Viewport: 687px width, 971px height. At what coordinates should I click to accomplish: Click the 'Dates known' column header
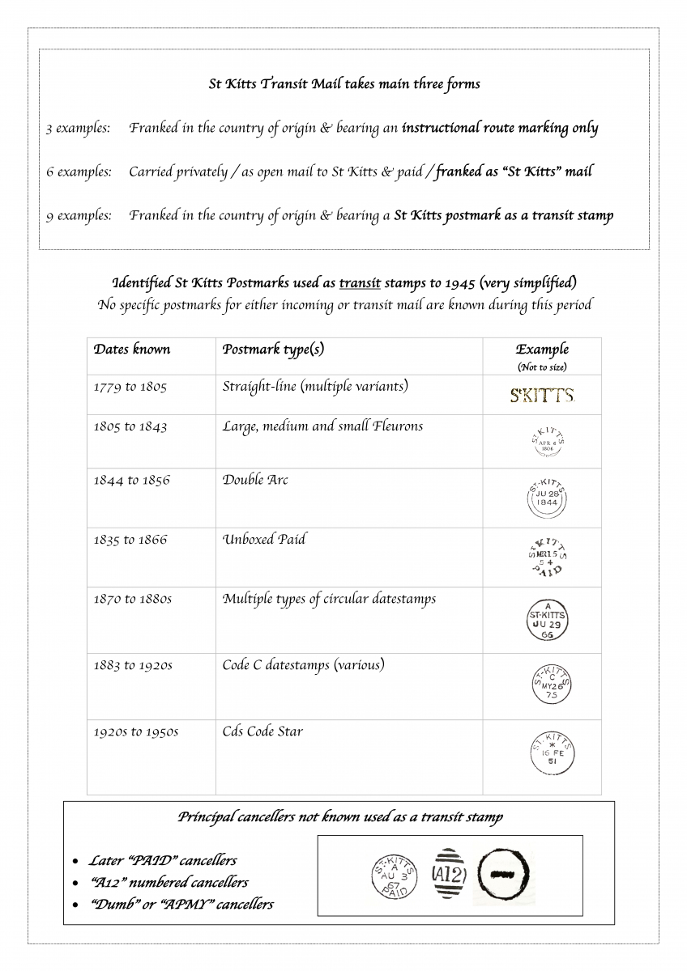[x=132, y=350]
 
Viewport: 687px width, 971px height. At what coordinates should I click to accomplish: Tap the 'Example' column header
[x=542, y=350]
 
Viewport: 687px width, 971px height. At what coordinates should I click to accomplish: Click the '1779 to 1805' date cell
[x=130, y=387]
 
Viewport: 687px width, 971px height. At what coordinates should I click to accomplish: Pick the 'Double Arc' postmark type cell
[x=255, y=480]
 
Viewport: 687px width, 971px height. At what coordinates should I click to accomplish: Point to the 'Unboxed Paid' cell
[x=264, y=540]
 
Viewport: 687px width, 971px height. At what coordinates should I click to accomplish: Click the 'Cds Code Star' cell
[x=262, y=731]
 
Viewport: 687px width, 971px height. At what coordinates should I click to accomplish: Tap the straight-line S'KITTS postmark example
[x=542, y=396]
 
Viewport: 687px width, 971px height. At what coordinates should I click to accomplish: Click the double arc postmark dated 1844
[x=547, y=497]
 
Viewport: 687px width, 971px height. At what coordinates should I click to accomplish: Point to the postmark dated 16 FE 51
[x=552, y=753]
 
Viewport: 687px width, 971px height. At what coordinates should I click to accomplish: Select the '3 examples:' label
[x=78, y=128]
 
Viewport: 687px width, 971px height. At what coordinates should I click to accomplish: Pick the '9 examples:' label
[x=78, y=216]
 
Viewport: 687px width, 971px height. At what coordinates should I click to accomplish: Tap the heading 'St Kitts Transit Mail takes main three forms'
[x=344, y=84]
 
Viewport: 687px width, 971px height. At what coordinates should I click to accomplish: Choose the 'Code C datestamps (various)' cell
[x=303, y=665]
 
